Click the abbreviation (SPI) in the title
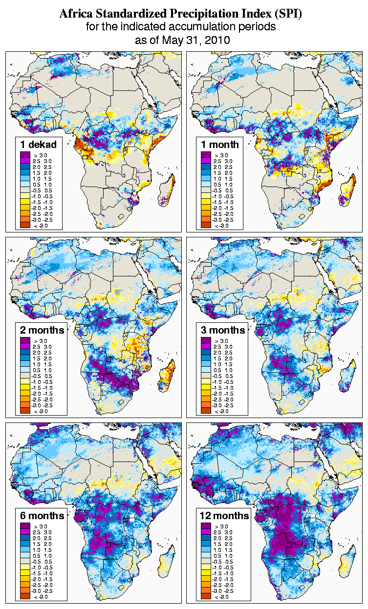[288, 14]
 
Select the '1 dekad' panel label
[38, 144]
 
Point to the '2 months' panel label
[42, 330]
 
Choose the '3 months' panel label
[222, 330]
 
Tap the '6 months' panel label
[42, 516]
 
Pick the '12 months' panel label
[224, 516]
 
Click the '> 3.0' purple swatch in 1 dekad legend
[25, 155]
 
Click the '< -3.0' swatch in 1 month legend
[205, 225]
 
